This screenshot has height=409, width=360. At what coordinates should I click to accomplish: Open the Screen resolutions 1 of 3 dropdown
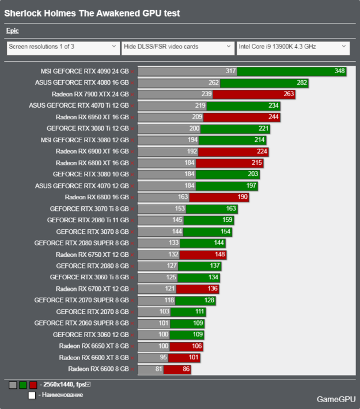tap(63, 47)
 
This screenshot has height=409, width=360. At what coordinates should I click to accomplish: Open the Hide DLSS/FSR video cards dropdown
tap(177, 47)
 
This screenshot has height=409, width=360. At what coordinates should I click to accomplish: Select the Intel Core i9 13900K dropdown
tap(293, 47)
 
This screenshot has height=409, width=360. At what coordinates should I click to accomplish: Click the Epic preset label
tap(12, 31)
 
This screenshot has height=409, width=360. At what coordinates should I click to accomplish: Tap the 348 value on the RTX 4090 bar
tap(339, 71)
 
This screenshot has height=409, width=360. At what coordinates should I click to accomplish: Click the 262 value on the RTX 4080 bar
tap(214, 83)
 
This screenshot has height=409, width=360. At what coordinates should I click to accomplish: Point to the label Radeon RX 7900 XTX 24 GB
tap(90, 94)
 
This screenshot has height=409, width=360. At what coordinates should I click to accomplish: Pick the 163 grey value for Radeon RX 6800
tap(184, 197)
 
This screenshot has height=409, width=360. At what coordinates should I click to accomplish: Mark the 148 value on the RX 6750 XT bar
tap(219, 254)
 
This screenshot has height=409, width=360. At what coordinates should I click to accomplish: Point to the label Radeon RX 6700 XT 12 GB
tap(92, 289)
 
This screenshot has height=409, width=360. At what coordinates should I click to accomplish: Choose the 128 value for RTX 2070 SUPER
tap(209, 300)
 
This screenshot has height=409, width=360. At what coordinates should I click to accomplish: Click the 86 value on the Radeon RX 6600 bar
tap(185, 369)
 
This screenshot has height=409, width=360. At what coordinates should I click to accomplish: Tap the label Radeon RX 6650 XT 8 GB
tap(94, 346)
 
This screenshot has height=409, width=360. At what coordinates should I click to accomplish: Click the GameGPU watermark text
tap(335, 399)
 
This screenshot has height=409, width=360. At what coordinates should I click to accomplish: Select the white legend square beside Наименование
tap(32, 395)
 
